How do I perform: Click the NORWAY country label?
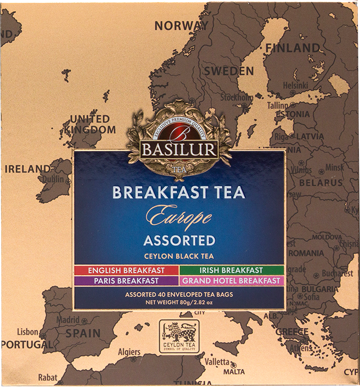tap(181, 26)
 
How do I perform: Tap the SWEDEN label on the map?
tap(229, 71)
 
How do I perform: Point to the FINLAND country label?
tap(293, 48)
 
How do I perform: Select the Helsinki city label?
tap(296, 86)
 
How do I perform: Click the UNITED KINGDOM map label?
tap(89, 124)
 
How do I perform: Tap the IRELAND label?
tap(27, 169)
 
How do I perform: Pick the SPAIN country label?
tap(83, 333)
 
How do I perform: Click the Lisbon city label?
tap(27, 332)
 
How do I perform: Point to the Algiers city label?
tap(128, 352)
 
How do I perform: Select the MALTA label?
tap(234, 372)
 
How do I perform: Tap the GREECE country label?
tap(292, 332)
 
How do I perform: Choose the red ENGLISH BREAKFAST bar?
tap(126, 270)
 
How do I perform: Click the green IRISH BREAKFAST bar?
tap(231, 270)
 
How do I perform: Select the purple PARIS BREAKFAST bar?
tap(126, 281)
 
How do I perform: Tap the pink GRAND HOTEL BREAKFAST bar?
tap(231, 281)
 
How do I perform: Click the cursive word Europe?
tap(179, 218)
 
